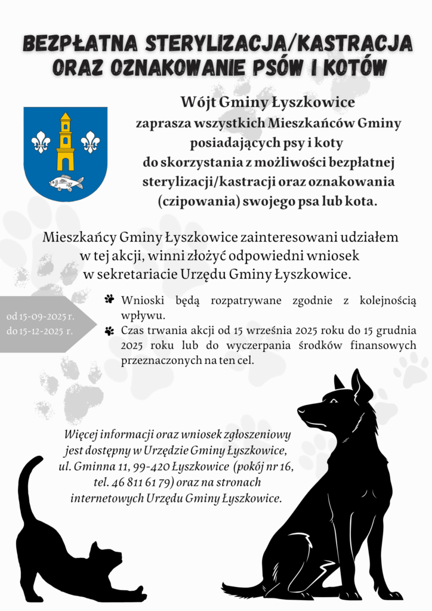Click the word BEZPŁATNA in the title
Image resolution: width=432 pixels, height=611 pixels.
click(x=79, y=44)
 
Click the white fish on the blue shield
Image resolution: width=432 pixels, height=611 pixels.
click(x=66, y=183)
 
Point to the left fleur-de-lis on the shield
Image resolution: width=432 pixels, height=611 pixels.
click(x=41, y=142)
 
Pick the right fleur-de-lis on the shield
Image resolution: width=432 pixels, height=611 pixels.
click(x=90, y=142)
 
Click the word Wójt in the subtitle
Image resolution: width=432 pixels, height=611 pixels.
click(x=198, y=102)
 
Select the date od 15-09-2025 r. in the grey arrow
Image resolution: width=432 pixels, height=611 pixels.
click(x=40, y=316)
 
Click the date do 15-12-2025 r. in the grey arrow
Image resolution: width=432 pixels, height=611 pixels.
click(x=40, y=331)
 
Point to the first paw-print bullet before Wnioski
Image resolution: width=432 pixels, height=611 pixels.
click(x=109, y=299)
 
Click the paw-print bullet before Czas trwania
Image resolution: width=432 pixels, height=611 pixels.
click(x=109, y=330)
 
